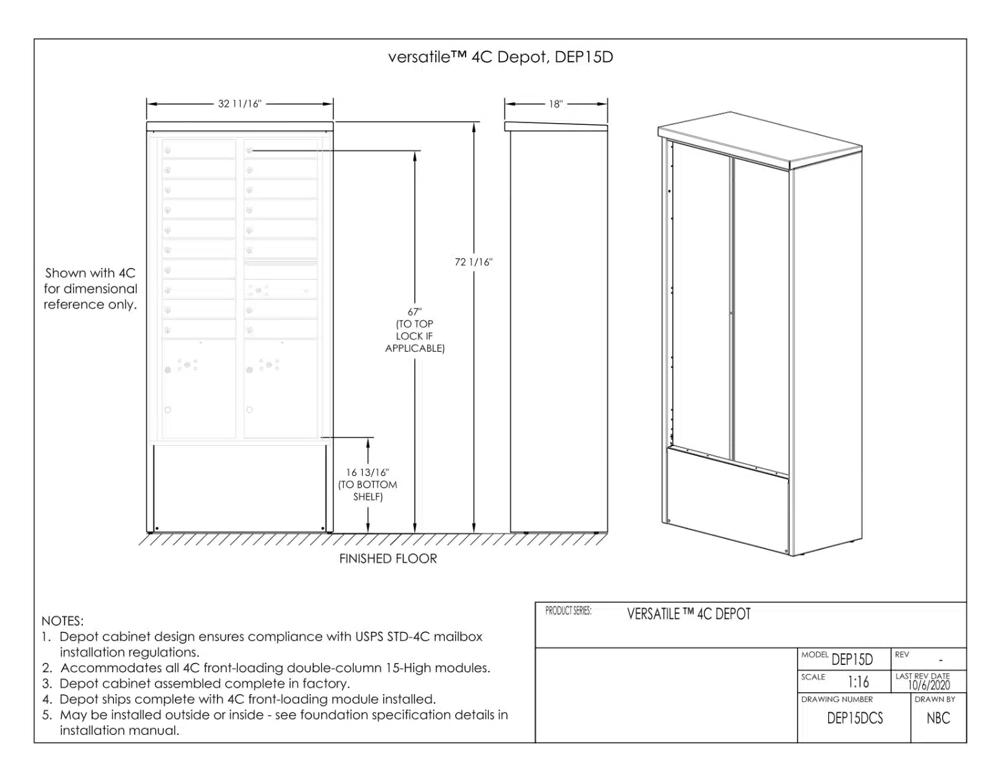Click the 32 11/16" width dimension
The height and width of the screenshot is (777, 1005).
point(240,104)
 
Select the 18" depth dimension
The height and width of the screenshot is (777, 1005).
point(556,104)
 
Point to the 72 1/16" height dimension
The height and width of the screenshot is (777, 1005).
point(473,262)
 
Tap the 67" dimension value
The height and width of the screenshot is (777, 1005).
point(414,312)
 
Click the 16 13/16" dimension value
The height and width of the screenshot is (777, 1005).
point(368,473)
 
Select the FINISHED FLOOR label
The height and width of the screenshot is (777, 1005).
point(388,559)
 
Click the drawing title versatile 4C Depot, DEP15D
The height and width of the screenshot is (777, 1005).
point(501,57)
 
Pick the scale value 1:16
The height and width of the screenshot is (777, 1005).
point(859,682)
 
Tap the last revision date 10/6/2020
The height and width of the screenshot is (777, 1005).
point(929,685)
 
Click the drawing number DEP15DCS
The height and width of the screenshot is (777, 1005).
point(855,718)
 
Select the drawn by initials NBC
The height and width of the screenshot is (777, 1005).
point(938,718)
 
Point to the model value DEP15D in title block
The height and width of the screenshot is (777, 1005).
point(852,660)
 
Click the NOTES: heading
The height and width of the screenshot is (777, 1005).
point(62,621)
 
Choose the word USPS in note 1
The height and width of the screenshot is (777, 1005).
point(370,636)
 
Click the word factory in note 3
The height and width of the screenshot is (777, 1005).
point(326,684)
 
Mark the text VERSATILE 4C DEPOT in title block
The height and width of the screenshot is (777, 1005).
point(688,614)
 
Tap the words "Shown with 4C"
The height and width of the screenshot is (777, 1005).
point(90,273)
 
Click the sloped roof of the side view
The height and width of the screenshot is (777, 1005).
point(556,126)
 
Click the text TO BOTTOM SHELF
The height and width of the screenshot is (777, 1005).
point(368,491)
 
